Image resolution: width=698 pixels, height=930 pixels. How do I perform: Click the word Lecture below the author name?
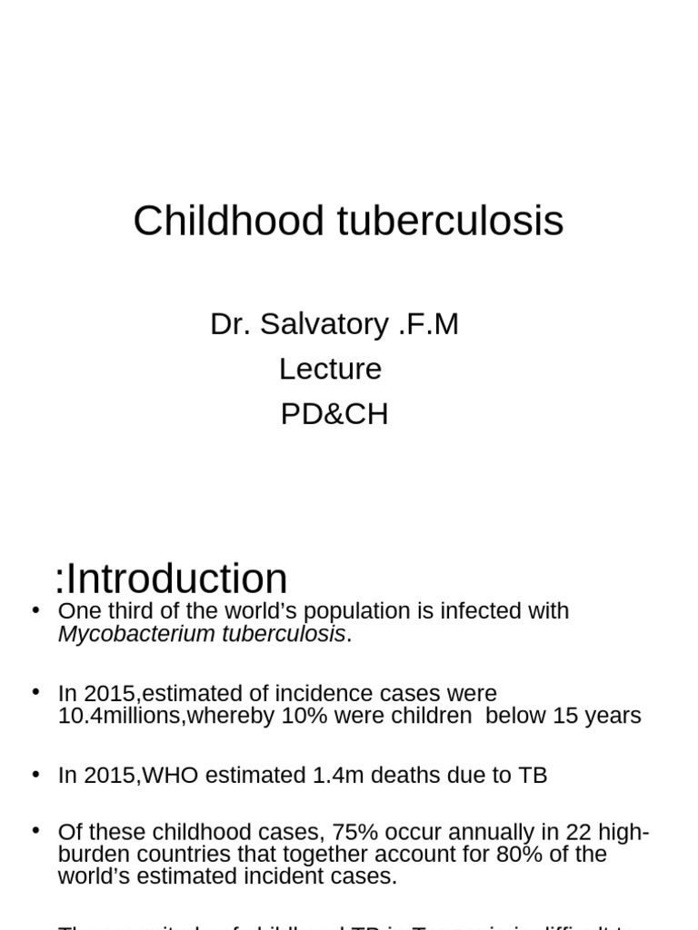coord(330,369)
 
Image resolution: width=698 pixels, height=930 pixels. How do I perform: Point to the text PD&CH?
coord(334,414)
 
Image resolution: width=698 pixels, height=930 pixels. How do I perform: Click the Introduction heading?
coord(177,579)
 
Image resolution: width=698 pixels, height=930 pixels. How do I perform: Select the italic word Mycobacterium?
coord(136,634)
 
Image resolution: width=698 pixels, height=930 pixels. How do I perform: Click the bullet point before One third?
coord(35,609)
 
